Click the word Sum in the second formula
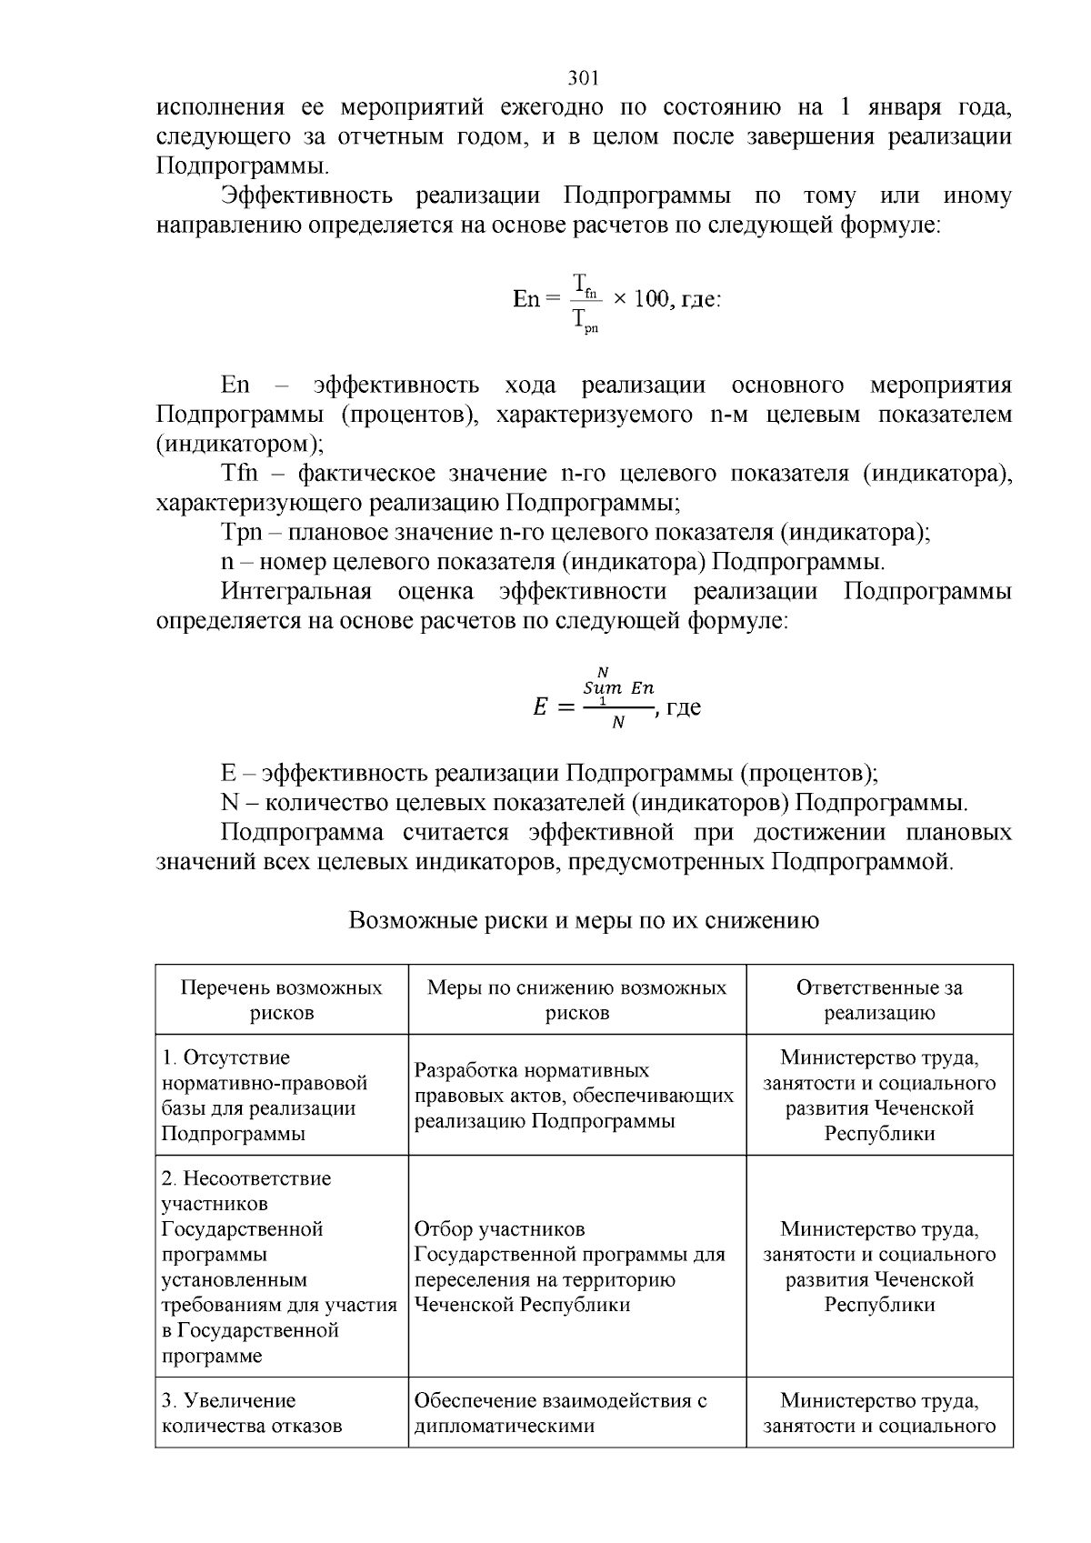[603, 688]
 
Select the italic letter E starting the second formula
[539, 707]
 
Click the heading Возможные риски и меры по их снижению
[584, 920]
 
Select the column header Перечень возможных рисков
[281, 999]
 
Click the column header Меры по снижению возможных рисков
[576, 999]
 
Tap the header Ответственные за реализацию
[878, 999]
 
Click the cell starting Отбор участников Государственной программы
[569, 1266]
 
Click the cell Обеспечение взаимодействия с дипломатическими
[560, 1412]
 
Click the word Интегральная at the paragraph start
[296, 592]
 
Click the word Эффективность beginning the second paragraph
[307, 196]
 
